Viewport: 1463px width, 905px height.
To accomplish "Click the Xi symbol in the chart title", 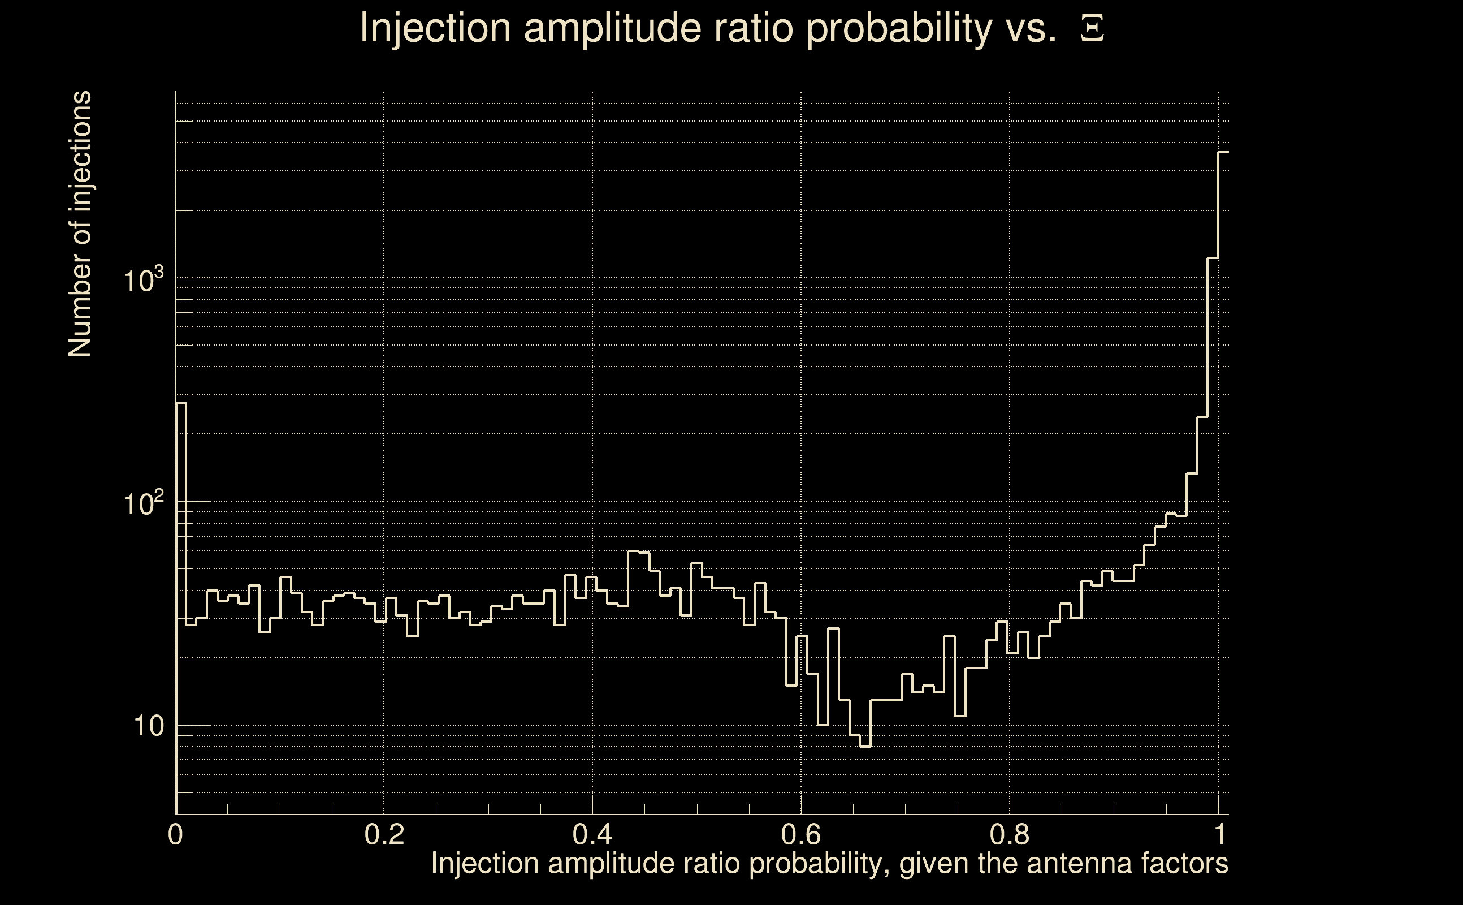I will click(1092, 28).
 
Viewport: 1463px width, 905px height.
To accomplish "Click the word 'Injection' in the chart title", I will click(435, 28).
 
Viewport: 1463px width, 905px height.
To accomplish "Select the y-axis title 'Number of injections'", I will click(80, 224).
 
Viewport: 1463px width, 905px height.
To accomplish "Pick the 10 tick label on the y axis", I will click(148, 726).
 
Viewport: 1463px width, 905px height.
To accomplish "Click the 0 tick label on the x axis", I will click(175, 834).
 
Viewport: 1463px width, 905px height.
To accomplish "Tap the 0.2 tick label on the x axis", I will click(384, 834).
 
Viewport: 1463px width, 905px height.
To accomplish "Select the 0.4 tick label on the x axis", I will click(592, 834).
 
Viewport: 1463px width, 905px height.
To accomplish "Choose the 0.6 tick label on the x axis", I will click(801, 834).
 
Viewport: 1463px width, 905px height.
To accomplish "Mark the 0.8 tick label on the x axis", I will click(1010, 834).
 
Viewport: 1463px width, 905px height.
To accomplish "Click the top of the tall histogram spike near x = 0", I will click(181, 403).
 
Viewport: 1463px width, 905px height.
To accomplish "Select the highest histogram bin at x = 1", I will click(1223, 153).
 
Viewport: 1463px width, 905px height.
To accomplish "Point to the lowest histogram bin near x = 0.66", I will click(865, 747).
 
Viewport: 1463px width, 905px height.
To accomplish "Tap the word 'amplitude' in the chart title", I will click(612, 28).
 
